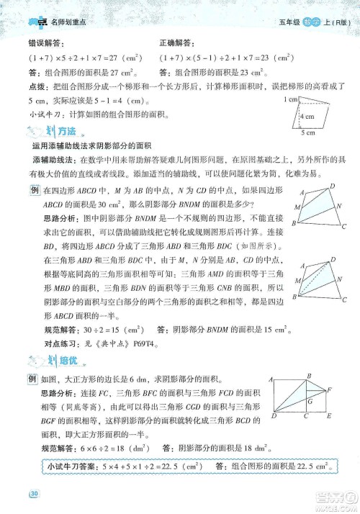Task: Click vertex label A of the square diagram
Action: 270,378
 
